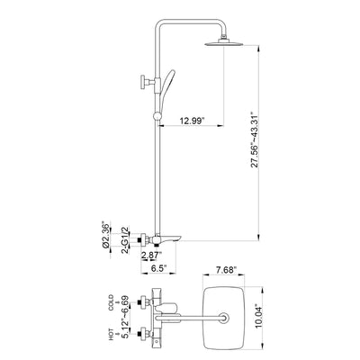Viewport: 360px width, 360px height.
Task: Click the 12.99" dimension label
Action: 192,121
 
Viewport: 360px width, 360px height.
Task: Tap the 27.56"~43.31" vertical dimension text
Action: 255,139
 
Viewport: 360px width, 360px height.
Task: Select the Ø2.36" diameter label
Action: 105,236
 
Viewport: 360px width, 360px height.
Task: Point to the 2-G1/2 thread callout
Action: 125,240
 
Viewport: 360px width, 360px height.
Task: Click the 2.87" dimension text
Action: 151,255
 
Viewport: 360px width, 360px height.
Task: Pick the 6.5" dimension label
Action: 159,268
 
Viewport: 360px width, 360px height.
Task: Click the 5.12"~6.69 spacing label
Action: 125,317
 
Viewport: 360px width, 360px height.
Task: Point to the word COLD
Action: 111,302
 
